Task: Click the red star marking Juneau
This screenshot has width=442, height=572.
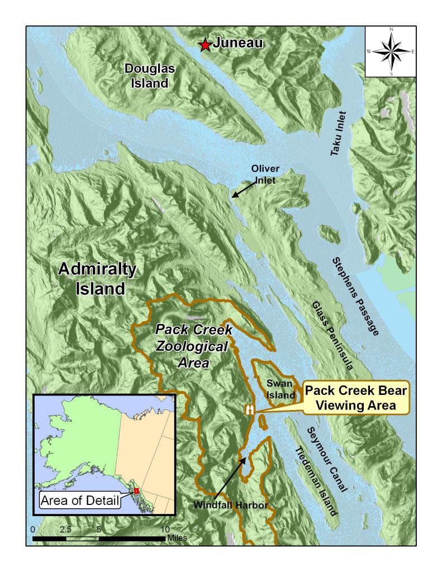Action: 206,44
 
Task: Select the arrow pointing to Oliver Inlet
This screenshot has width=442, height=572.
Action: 242,190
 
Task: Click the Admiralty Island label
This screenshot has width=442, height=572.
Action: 97,279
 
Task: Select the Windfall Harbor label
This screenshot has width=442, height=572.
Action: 231,505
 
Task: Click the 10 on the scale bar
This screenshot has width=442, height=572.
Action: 165,528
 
